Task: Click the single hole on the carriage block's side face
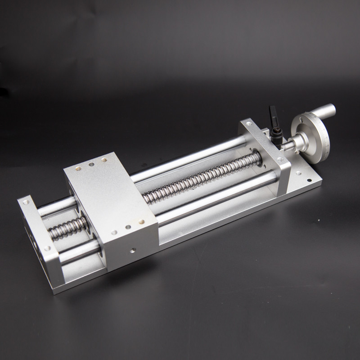point(133,249)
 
